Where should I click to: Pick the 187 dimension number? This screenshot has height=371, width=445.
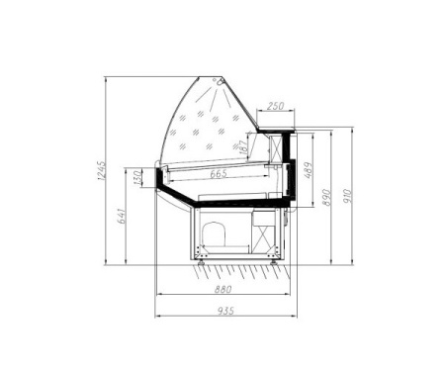click(243, 146)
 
